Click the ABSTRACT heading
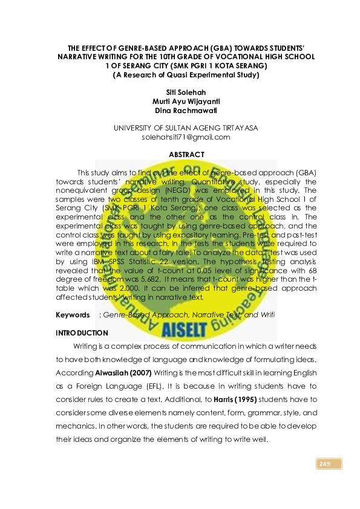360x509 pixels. coord(186,155)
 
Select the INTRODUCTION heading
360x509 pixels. coord(82,333)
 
